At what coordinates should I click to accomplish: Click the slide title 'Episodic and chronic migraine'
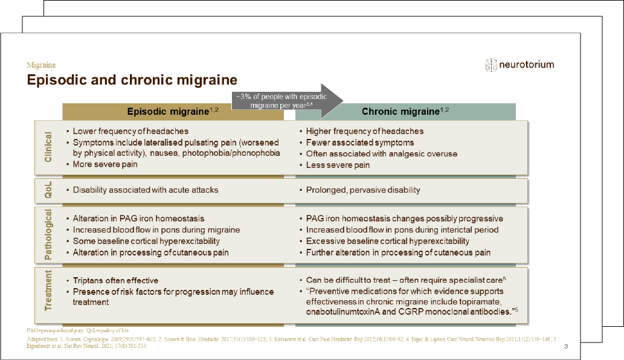coord(132,80)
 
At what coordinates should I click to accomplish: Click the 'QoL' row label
coord(48,190)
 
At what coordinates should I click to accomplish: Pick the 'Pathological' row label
coord(48,235)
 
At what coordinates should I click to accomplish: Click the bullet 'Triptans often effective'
coord(115,280)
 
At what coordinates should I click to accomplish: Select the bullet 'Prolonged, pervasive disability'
coord(362,190)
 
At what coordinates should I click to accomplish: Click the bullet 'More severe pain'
coord(105,164)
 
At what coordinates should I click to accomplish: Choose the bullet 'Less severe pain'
coord(338,165)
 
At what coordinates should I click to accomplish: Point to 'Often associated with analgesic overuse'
coord(381,153)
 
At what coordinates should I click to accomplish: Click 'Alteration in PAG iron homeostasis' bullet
coord(138,219)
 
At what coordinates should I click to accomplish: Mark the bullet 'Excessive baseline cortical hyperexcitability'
coord(387,241)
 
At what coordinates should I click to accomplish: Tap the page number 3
coord(565,347)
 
